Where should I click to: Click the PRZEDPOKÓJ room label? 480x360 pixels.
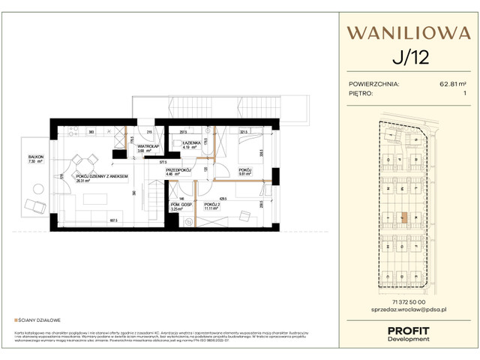click(x=179, y=170)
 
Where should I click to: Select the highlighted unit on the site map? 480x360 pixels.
click(x=403, y=219)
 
